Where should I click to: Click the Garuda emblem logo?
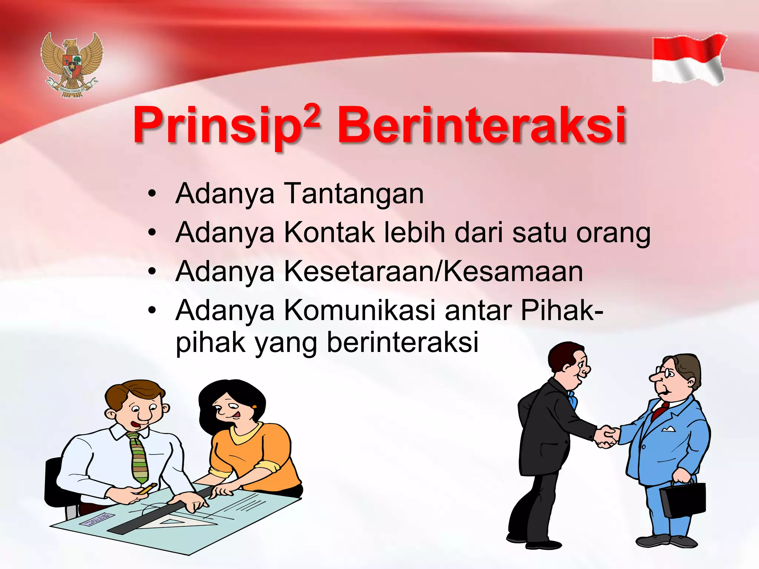coord(72,65)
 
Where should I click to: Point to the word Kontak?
coord(329,233)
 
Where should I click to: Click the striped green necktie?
coord(139,457)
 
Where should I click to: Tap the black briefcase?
coord(683,498)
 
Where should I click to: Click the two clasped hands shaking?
coord(606,437)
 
